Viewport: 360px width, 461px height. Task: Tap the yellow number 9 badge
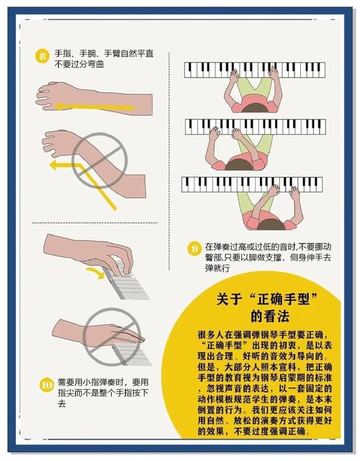(x=194, y=250)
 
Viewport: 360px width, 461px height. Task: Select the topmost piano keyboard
(x=253, y=69)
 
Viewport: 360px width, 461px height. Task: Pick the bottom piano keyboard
(x=251, y=184)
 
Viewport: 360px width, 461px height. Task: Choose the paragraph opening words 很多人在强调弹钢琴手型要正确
(x=261, y=335)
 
